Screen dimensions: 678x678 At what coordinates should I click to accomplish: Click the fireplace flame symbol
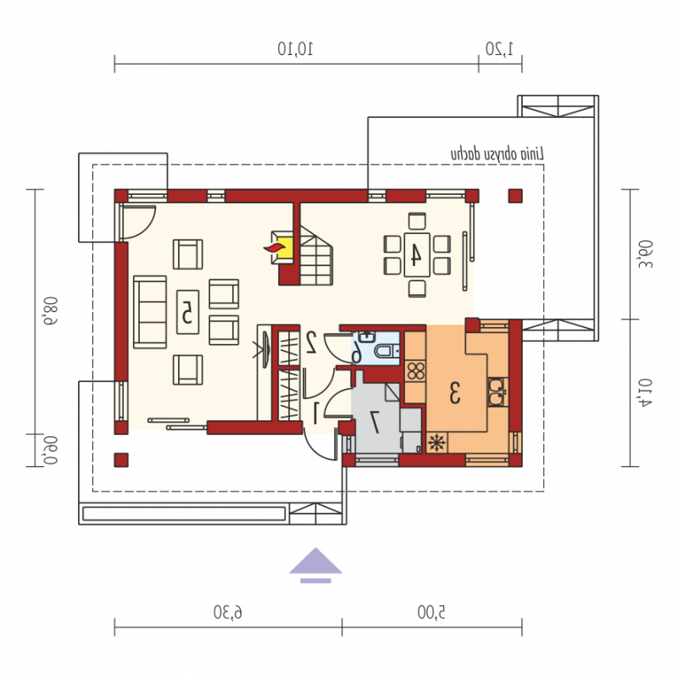[275, 247]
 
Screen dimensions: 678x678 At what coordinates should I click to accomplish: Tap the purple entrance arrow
[315, 565]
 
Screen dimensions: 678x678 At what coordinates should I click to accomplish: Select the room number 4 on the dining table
[415, 254]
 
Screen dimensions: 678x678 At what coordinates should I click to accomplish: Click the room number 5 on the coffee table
[187, 312]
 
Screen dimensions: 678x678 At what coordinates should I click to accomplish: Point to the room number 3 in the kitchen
[454, 392]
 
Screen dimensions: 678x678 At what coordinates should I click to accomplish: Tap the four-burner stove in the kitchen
[415, 371]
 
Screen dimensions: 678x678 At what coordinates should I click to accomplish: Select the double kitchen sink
[498, 392]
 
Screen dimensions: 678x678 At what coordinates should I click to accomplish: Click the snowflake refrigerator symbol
[437, 442]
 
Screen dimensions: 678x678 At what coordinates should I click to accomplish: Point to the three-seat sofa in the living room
[150, 312]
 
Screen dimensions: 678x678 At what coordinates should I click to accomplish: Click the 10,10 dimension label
[295, 48]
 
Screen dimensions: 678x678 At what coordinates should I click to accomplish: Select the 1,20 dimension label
[499, 48]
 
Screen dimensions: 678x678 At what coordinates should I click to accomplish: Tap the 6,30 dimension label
[228, 612]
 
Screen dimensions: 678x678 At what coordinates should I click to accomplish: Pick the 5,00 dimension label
[431, 612]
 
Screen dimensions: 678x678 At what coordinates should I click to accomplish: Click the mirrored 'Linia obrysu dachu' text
[497, 154]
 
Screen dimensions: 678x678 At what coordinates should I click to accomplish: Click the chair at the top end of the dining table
[417, 221]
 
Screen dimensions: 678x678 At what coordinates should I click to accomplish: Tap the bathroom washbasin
[367, 336]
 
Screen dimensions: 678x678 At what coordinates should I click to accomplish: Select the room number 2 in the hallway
[311, 342]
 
